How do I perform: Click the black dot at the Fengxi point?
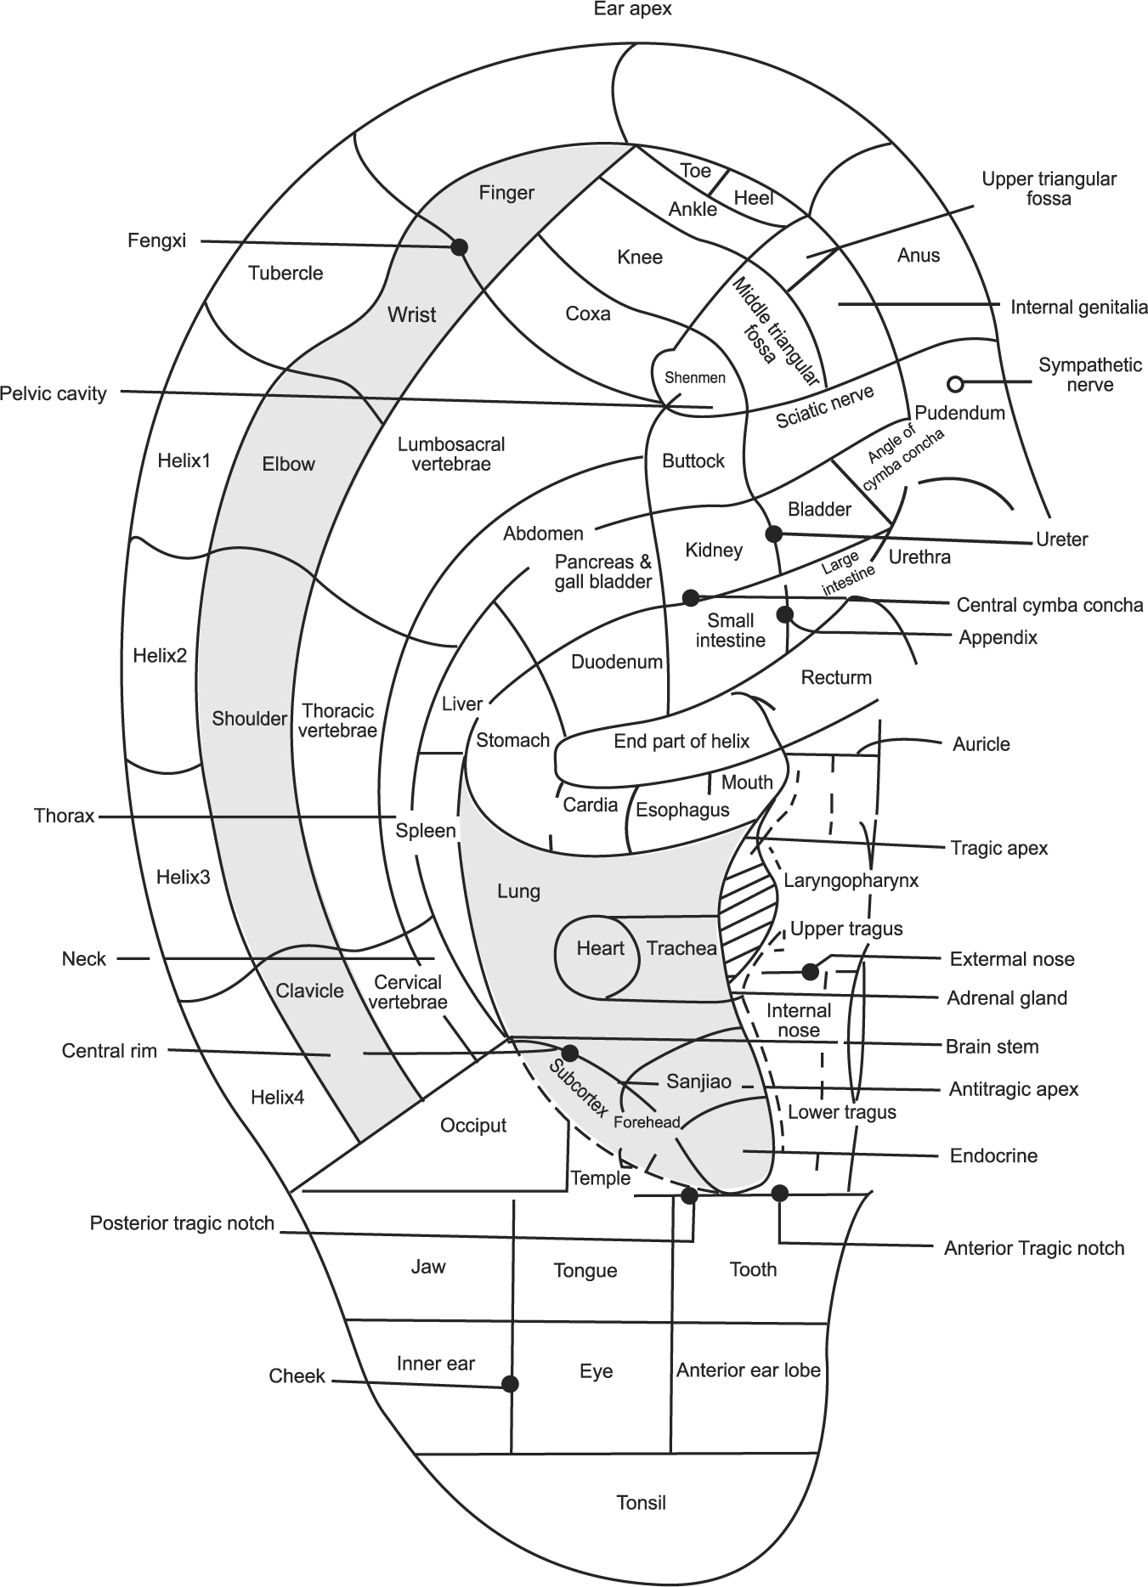click(x=459, y=246)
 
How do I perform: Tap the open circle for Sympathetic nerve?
click(x=955, y=384)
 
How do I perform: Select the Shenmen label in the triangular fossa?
click(x=695, y=378)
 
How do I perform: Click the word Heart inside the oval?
click(x=600, y=948)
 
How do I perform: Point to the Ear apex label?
click(x=634, y=9)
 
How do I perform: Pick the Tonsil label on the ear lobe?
click(x=641, y=1503)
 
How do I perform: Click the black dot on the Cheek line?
click(x=510, y=1384)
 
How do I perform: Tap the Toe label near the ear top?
click(x=695, y=171)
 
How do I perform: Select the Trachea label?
click(x=681, y=948)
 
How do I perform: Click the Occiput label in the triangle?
click(x=473, y=1126)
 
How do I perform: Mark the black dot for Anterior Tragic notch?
click(x=779, y=1194)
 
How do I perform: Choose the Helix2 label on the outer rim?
click(x=160, y=655)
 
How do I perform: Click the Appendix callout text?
click(x=998, y=637)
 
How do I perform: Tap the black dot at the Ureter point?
click(x=773, y=534)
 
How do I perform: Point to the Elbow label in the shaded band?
click(x=289, y=464)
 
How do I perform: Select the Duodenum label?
click(x=616, y=662)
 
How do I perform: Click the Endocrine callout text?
click(x=993, y=1155)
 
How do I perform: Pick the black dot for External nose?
click(x=810, y=970)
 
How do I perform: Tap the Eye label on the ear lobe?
click(x=596, y=1371)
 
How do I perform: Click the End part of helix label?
click(x=681, y=741)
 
